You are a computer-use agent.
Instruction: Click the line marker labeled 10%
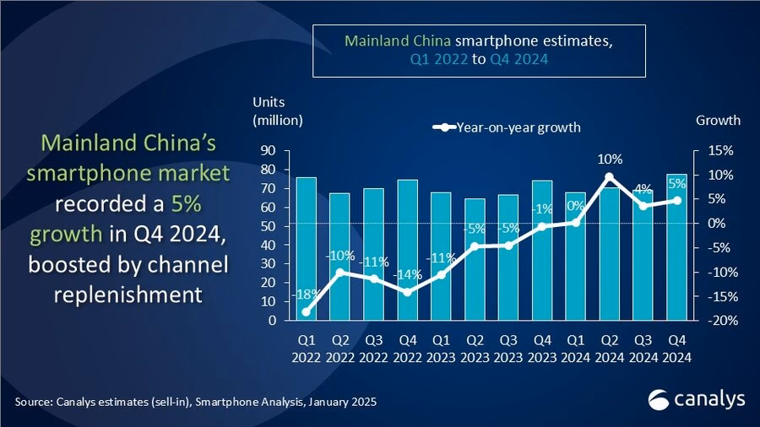(x=610, y=177)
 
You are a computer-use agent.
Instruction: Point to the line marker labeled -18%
(x=306, y=311)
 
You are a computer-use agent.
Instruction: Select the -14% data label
(x=406, y=274)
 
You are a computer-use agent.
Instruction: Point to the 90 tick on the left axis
(x=268, y=151)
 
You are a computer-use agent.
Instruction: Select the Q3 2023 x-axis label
(x=508, y=349)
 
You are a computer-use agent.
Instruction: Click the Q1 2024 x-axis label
(x=576, y=349)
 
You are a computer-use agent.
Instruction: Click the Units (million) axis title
(x=276, y=111)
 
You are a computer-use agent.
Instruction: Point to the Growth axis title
(x=717, y=120)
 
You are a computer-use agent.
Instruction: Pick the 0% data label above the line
(x=576, y=205)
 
